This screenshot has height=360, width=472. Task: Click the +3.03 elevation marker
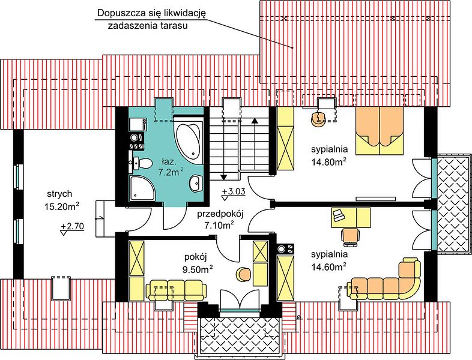coord(234,193)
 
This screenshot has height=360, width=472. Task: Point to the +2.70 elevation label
coord(72,227)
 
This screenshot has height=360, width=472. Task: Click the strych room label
coord(59,194)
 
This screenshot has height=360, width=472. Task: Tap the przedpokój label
coord(220,214)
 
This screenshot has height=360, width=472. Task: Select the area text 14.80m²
coord(328,161)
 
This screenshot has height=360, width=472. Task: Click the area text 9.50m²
coord(198,269)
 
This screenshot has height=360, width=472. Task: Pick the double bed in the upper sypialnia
coord(380,131)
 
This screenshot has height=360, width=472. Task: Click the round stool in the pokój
coord(244,275)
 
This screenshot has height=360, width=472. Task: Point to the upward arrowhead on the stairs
coord(255,121)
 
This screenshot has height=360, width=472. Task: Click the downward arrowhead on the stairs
coord(223,177)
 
